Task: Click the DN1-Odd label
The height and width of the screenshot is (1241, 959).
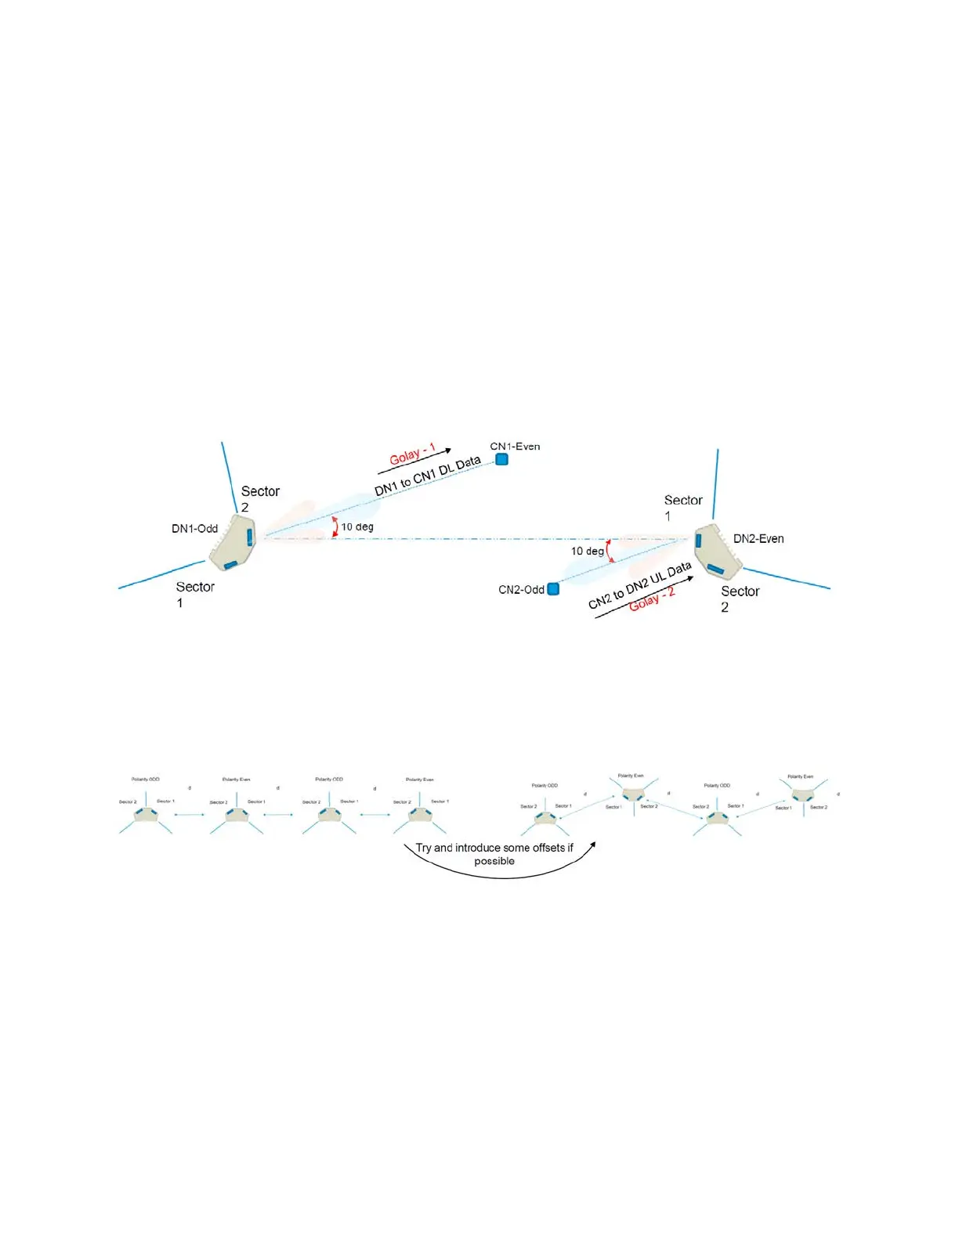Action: (x=194, y=529)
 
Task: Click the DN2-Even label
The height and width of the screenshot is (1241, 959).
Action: (x=758, y=539)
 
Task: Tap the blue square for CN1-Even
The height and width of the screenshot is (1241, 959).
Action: (x=501, y=459)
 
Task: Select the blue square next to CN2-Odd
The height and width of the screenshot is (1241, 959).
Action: (x=553, y=588)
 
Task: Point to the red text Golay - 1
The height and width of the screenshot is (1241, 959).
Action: (x=412, y=454)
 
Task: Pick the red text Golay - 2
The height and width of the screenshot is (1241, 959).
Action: (x=652, y=599)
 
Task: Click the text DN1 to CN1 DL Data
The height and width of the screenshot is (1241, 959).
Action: (x=427, y=476)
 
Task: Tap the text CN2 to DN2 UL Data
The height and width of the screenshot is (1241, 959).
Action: (x=639, y=585)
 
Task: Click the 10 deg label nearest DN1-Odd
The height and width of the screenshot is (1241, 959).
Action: (x=357, y=526)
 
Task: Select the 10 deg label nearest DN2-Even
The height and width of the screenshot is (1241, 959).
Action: (x=588, y=551)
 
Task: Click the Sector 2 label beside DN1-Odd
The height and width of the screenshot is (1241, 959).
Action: (x=259, y=498)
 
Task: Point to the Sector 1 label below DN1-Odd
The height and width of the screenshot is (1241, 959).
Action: (x=194, y=594)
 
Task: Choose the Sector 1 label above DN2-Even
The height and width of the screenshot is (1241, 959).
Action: (x=682, y=507)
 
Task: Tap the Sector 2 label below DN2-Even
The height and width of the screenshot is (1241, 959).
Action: (x=740, y=599)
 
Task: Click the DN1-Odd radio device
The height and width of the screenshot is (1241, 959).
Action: (x=233, y=542)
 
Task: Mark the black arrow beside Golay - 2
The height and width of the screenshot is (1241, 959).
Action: (x=643, y=598)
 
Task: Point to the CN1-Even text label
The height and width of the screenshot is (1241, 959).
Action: (x=515, y=447)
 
